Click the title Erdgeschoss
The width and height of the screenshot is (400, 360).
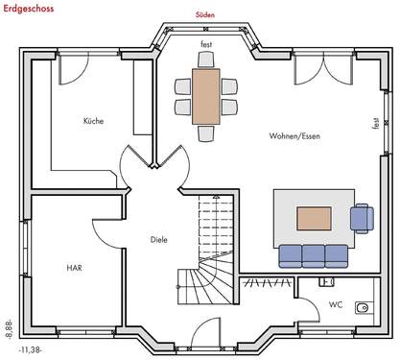tap(28, 9)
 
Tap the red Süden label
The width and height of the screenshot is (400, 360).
tap(204, 15)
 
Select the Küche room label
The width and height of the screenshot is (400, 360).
tap(93, 121)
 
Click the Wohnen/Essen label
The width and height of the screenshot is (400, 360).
tap(294, 135)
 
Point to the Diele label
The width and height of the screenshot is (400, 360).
tap(159, 239)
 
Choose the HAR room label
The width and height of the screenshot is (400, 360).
tap(73, 268)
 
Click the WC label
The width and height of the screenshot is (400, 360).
tap(335, 304)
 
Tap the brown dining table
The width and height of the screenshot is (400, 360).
tap(205, 95)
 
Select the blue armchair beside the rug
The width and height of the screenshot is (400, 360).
tap(363, 218)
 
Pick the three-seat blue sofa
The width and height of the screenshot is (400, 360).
tap(313, 255)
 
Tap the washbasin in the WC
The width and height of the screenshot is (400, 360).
tap(363, 308)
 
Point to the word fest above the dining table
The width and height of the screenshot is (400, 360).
tap(205, 45)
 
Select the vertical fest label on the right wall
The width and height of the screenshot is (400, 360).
tap(375, 123)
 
